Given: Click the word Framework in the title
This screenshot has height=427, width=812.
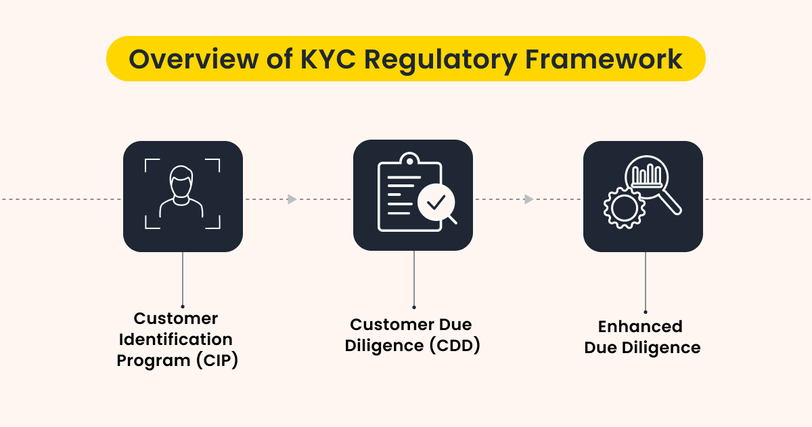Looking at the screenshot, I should pos(604,59).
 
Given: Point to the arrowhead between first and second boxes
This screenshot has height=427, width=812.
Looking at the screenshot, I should pos(292,199).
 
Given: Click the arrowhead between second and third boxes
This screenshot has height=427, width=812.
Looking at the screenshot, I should pos(528,199).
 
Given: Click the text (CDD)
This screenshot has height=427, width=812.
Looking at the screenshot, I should pos(454,345).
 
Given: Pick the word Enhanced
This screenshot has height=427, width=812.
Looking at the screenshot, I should pos(639,327).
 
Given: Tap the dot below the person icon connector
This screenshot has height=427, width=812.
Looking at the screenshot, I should pos(183,306).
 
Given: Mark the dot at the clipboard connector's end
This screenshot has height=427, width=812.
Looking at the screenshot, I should pos(413,307).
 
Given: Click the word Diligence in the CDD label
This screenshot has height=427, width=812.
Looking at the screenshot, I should pos(384,345).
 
